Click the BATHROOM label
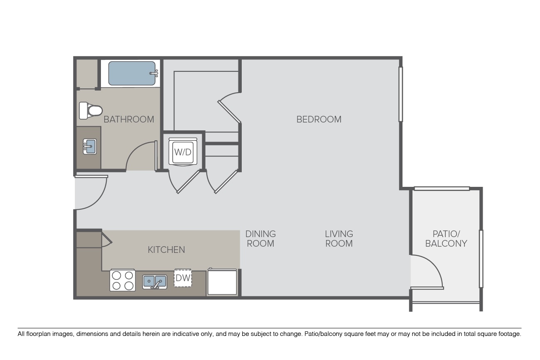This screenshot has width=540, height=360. [x=129, y=119]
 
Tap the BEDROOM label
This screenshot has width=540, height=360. [x=319, y=119]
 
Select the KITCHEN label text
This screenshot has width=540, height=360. [x=166, y=250]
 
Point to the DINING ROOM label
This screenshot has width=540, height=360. [x=260, y=239]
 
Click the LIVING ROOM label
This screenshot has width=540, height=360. [x=339, y=239]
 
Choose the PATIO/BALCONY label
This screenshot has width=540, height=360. [x=446, y=239]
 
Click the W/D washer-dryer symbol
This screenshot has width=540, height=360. [x=183, y=152]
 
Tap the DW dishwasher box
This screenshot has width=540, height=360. [x=183, y=278]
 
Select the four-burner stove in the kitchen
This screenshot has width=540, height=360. [x=123, y=280]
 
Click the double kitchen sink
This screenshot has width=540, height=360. [x=155, y=282]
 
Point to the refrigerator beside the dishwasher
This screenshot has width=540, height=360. [x=222, y=282]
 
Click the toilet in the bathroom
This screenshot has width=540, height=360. [x=91, y=110]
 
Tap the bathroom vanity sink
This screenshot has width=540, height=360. [x=90, y=147]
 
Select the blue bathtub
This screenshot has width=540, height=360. [x=132, y=73]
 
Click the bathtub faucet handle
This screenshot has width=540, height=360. [x=154, y=73]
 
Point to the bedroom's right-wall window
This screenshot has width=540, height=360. [x=401, y=94]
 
